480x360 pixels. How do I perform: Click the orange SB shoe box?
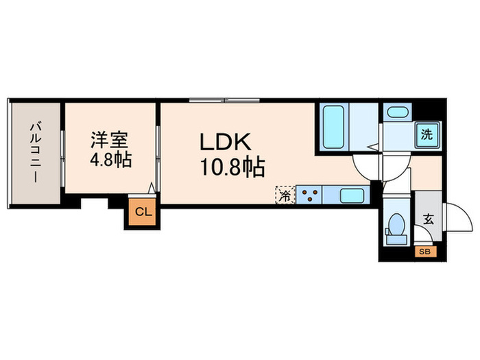click(424, 251)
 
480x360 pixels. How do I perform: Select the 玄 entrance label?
click(429, 220)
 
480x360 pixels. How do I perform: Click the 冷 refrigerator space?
click(284, 195)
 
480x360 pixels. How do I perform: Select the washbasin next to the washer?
click(397, 112)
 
